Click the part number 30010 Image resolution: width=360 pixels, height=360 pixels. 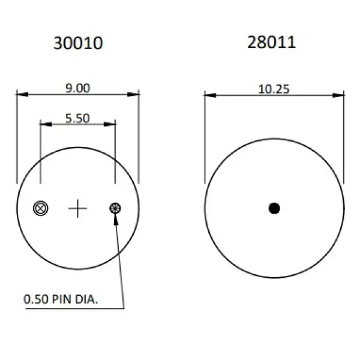(x=78, y=43)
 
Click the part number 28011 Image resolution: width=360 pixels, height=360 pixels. (x=272, y=42)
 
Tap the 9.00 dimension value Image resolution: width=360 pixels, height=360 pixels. (x=77, y=88)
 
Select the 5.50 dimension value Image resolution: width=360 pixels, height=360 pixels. (x=77, y=118)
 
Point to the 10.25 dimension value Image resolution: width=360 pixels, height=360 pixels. (x=274, y=89)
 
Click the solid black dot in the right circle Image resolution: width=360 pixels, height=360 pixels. (x=274, y=208)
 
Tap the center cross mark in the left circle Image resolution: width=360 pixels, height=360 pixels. (x=78, y=208)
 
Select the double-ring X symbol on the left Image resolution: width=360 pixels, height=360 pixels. (x=41, y=208)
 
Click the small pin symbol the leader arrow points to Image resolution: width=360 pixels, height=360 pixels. (x=115, y=208)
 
